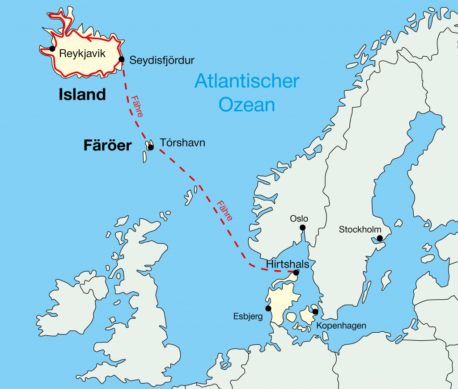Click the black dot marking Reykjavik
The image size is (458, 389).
(52, 49)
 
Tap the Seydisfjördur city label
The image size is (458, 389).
(162, 60)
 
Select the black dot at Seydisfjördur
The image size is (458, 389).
(121, 59)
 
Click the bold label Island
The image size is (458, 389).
(82, 94)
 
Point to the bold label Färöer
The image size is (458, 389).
(107, 146)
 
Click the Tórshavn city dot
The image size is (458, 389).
(151, 147)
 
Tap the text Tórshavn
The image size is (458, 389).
(182, 143)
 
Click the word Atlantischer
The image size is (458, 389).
(246, 82)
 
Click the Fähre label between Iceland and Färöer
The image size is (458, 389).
(137, 106)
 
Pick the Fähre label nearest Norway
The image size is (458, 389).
(224, 210)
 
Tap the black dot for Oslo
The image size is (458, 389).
(302, 228)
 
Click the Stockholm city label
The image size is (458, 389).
(360, 230)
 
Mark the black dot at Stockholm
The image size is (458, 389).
(380, 238)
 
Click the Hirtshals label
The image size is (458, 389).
(287, 264)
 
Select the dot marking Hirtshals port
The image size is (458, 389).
(296, 272)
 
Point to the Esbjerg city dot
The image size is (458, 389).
(268, 308)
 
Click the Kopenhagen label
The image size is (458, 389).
(341, 326)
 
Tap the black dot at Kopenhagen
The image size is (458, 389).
(315, 311)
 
